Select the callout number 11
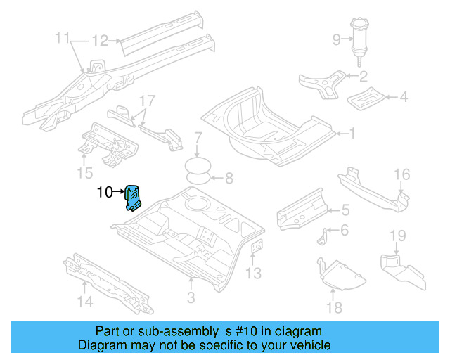pyautogui.click(x=63, y=37)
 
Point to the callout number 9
pyautogui.click(x=336, y=38)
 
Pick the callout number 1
pyautogui.click(x=353, y=132)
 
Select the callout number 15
pyautogui.click(x=84, y=173)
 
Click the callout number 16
pyautogui.click(x=401, y=175)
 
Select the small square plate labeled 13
pyautogui.click(x=257, y=247)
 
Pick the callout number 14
pyautogui.click(x=84, y=302)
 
